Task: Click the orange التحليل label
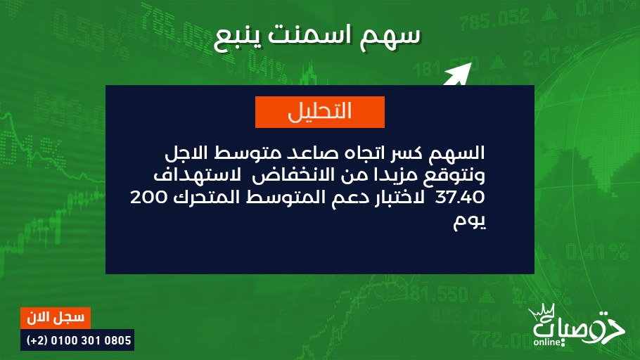(319, 112)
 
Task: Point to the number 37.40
(460, 198)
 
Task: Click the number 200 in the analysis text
(148, 198)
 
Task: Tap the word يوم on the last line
(469, 222)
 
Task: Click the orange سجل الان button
(56, 318)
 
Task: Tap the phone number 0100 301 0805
(91, 340)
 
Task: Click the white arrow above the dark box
(458, 75)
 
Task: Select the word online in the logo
(547, 342)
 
